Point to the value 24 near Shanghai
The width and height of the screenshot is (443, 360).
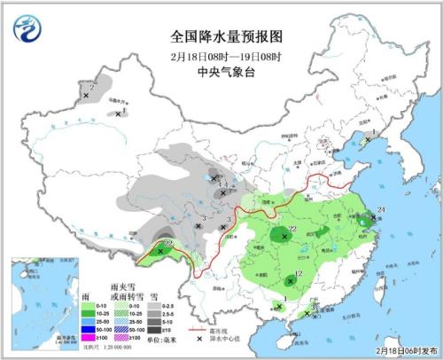tap(381, 210)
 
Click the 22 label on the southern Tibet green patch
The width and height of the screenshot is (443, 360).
tap(167, 243)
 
